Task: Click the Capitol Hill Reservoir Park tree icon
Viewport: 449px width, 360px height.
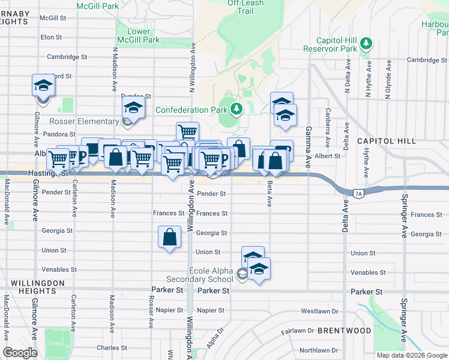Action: [366, 43]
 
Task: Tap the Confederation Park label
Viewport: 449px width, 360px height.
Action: [191, 110]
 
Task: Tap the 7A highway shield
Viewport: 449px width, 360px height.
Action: [359, 193]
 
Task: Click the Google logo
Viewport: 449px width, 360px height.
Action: [20, 353]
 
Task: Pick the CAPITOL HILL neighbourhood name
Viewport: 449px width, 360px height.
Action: [386, 141]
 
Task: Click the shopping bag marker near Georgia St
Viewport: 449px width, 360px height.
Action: [170, 237]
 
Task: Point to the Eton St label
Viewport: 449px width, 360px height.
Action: [51, 37]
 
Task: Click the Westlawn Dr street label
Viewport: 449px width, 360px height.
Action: [320, 311]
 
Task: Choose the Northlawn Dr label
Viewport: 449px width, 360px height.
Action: [319, 350]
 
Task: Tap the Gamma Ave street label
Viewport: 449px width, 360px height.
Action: [308, 139]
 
